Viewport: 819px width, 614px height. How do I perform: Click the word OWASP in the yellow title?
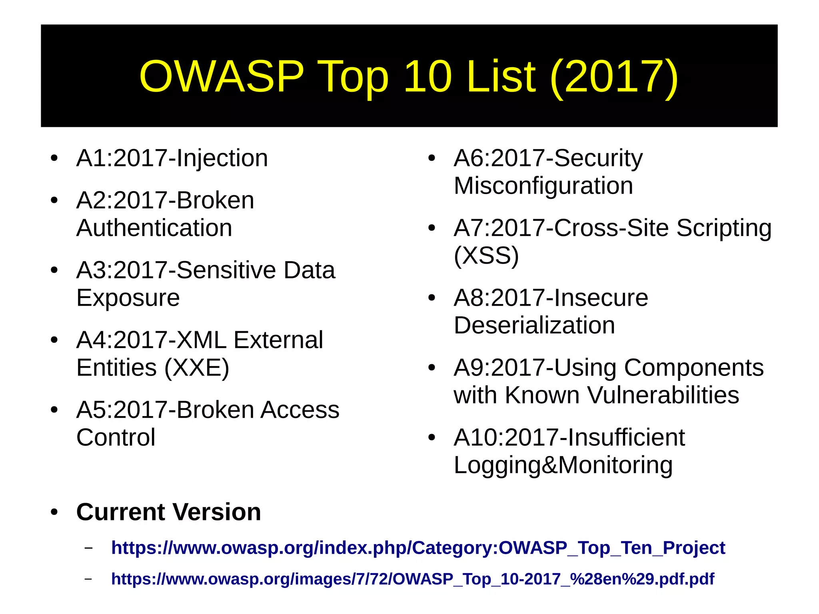coord(221,76)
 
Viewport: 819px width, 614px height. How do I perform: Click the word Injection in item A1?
coord(222,158)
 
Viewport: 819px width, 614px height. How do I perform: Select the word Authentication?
coord(154,228)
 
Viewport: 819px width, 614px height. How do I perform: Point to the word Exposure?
coord(128,298)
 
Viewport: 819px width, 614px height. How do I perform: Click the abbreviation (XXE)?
coord(197,368)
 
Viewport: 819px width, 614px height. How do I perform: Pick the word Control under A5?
coord(116,437)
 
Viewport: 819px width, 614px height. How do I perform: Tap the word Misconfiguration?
coord(543,186)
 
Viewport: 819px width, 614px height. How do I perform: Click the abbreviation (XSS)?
coord(486,256)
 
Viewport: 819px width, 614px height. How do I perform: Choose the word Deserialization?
coord(534,325)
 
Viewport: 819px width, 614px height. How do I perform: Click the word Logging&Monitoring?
coord(563,465)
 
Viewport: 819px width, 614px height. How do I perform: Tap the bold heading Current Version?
coord(168,512)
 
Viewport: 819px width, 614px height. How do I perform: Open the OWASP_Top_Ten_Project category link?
coord(418,548)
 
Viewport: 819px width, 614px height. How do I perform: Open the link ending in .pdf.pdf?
coord(412,579)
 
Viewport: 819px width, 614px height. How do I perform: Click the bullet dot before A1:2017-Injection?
coord(54,158)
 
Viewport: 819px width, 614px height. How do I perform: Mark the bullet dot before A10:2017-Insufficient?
coord(431,437)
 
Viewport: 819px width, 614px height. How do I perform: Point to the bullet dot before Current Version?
coord(54,512)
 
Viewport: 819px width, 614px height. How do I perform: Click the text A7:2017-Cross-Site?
coord(561,228)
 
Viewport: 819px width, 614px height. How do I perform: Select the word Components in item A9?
coord(693,368)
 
